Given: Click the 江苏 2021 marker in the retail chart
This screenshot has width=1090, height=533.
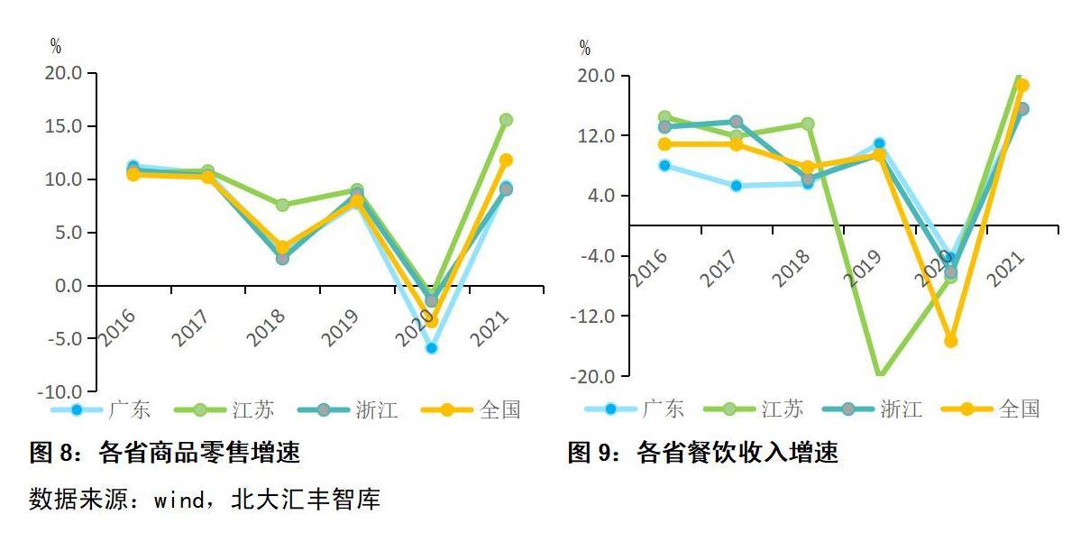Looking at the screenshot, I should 506,120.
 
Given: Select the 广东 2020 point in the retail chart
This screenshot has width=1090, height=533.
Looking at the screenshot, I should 431,347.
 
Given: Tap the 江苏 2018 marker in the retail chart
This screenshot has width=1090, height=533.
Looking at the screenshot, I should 282,205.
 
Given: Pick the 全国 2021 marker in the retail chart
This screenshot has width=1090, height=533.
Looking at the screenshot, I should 506,160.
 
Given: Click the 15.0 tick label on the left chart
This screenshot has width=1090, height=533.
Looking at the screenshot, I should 63,126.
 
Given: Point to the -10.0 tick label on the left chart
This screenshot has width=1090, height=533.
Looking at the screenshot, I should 60,392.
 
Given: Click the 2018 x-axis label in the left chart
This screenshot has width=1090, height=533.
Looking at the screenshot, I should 267,327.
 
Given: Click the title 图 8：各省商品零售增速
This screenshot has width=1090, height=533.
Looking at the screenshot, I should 165,453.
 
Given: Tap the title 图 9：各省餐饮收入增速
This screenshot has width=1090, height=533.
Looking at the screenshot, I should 702,453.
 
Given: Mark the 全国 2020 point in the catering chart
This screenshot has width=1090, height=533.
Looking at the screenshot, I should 950,340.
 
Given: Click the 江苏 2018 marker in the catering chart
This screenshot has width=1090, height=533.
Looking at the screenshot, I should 808,124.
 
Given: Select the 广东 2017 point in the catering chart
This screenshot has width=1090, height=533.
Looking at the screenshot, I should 736,186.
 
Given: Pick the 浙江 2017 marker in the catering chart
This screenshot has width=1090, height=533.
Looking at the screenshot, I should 736,122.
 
